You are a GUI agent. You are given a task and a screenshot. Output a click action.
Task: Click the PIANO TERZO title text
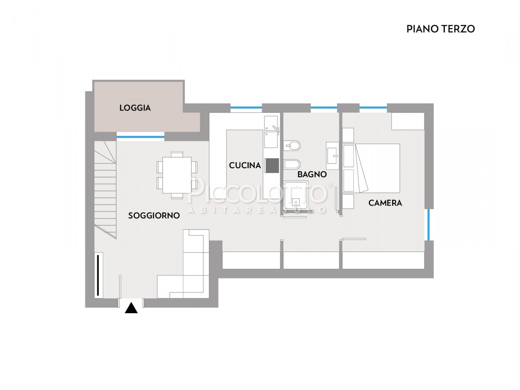[440, 29]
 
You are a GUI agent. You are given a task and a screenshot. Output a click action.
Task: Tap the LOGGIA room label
[135, 108]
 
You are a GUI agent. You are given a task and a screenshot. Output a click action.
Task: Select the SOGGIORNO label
[154, 215]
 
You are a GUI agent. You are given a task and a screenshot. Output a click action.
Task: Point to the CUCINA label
[245, 165]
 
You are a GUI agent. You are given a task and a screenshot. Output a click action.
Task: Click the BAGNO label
[312, 175]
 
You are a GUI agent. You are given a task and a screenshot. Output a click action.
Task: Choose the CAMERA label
[385, 203]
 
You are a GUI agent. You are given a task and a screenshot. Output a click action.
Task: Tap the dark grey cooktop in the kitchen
[272, 165]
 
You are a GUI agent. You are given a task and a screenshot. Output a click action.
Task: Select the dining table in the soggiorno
[177, 175]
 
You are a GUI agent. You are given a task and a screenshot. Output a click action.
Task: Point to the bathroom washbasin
[333, 156]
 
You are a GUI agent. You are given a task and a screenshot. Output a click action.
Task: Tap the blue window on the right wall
[428, 225]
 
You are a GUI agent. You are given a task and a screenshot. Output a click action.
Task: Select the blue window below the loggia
[141, 137]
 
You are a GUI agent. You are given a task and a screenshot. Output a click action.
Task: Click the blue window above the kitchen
[246, 108]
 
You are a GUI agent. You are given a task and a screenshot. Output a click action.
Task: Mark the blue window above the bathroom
[324, 108]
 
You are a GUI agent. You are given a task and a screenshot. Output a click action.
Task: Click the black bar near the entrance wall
[97, 275]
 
